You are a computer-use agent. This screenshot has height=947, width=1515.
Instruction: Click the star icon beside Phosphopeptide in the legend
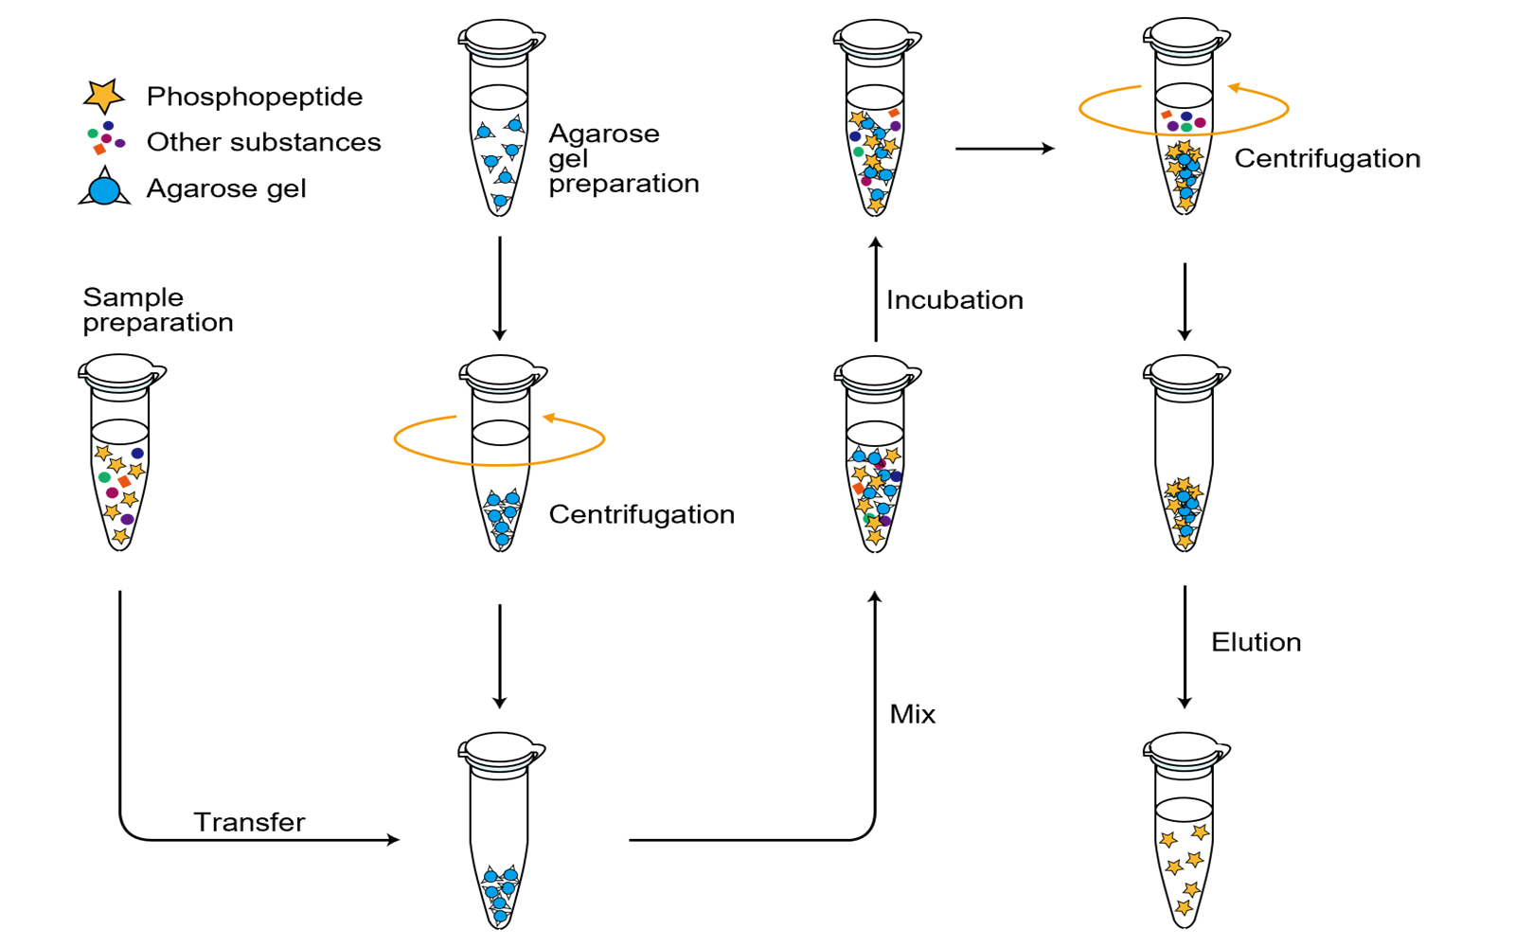(x=104, y=96)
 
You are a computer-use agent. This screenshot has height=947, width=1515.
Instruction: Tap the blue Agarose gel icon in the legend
(x=104, y=189)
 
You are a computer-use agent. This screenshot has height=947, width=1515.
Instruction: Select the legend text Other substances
(x=263, y=142)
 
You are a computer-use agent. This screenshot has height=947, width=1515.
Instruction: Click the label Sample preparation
(x=157, y=310)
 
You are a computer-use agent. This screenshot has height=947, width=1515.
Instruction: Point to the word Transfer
(x=249, y=822)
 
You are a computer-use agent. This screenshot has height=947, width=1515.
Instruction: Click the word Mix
(x=913, y=714)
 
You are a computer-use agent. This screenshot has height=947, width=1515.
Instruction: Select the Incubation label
(x=954, y=300)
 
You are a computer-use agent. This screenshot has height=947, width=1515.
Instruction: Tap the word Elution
(x=1256, y=642)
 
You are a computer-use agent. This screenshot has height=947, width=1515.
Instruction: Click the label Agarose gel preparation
(x=623, y=158)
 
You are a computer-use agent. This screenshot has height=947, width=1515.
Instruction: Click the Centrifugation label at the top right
(x=1327, y=158)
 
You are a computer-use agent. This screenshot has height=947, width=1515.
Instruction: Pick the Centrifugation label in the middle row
(x=641, y=514)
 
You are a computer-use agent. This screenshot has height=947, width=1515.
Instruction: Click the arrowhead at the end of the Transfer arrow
(x=393, y=839)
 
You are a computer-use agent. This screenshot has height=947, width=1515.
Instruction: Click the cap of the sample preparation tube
(x=120, y=369)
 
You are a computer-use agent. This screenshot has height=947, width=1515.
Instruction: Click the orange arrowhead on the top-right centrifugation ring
(x=1234, y=88)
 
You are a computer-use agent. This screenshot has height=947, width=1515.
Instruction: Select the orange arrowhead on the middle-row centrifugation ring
(x=548, y=418)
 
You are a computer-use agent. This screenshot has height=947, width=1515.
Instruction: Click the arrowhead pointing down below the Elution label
(x=1185, y=702)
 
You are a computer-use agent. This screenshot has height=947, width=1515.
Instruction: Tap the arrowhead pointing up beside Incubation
(x=876, y=243)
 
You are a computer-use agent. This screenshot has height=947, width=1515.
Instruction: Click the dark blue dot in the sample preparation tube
(x=137, y=454)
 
